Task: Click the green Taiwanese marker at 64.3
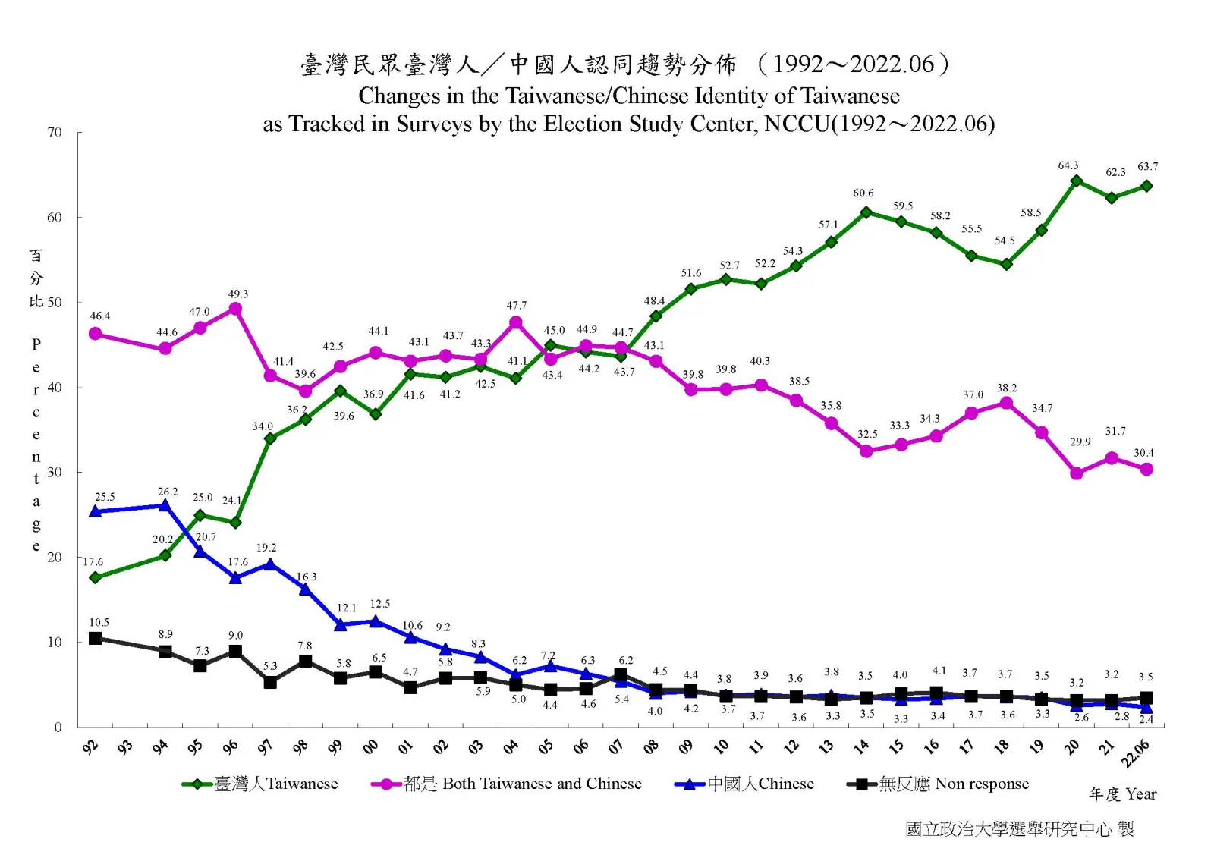coord(1076,181)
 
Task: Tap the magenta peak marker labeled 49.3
coord(235,309)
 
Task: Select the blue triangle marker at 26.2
coord(165,505)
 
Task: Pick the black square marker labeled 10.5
coord(95,638)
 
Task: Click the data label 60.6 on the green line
coord(863,193)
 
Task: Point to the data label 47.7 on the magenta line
coord(516,306)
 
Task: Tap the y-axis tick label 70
coord(55,133)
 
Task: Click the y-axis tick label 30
coord(55,472)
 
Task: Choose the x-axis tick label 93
coord(124,748)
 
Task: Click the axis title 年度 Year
coord(1122,794)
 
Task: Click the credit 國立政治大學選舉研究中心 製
coord(1019,829)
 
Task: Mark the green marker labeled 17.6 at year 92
coord(95,577)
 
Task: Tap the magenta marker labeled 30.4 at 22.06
coord(1146,469)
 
